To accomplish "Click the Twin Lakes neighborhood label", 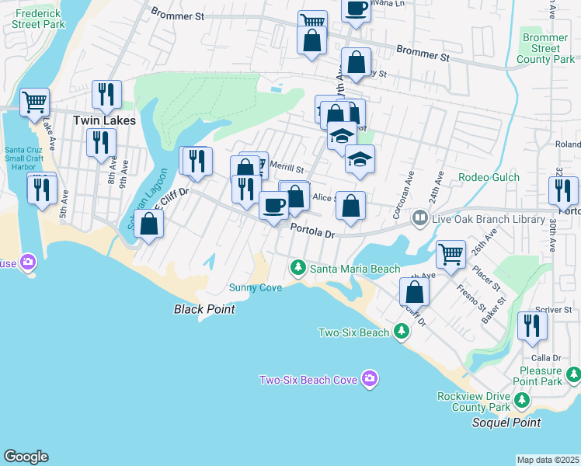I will coord(104,120).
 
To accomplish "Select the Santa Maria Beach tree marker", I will coord(297,268).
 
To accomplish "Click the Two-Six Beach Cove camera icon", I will coord(370,379).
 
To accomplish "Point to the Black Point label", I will coord(204,309).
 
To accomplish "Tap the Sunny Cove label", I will coord(256,287).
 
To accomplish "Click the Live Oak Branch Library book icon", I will coord(420,219).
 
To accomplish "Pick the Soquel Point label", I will coord(506,423).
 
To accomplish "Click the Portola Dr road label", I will coord(312,230).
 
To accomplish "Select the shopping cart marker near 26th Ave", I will coord(451,252).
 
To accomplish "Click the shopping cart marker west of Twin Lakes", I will coord(34,101).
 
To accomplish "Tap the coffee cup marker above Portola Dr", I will coord(273,206).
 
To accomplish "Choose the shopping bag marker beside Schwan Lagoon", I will coord(149,224).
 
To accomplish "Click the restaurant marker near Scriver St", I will coord(532,325).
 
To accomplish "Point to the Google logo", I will coord(26,457).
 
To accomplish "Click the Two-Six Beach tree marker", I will coord(401,332).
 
